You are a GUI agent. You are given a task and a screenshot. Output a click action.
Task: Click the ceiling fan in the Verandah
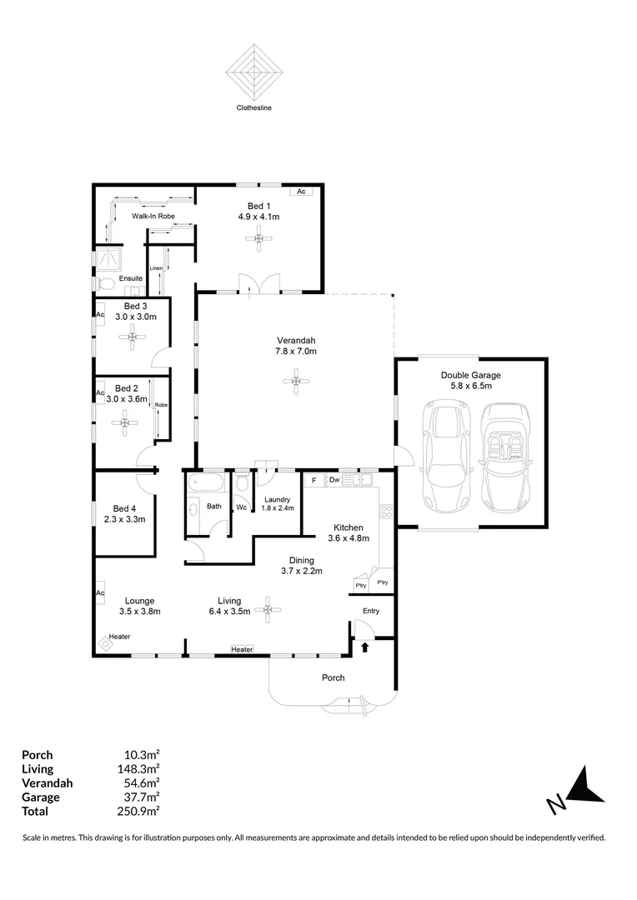tap(297, 382)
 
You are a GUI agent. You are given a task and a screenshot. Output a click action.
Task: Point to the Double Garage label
tap(471, 375)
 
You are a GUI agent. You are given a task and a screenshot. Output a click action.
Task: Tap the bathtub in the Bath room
tap(205, 482)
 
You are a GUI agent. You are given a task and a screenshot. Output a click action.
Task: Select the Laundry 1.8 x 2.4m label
tap(276, 503)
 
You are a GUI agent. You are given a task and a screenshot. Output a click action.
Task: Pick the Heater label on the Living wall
tap(242, 649)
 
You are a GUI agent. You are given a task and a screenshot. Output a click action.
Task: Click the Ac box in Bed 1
tap(302, 192)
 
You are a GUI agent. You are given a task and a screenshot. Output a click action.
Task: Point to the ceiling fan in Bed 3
tap(131, 337)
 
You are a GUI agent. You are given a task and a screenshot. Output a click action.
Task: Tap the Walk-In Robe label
tap(153, 216)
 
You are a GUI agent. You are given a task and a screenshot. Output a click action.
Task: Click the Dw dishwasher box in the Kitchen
tap(334, 480)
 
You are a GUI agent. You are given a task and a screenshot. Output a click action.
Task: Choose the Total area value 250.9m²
tap(141, 811)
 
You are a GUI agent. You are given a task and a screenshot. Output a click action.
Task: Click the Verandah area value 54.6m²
tap(141, 782)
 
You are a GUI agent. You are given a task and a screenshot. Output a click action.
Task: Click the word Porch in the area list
tap(37, 754)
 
